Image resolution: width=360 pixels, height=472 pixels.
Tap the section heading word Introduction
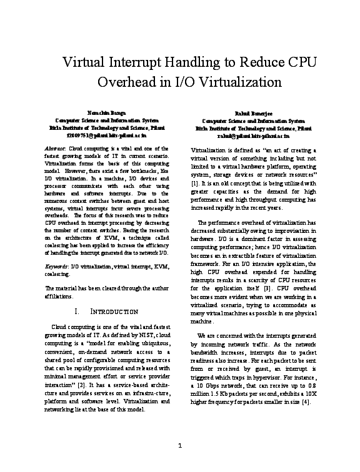(116, 312)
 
